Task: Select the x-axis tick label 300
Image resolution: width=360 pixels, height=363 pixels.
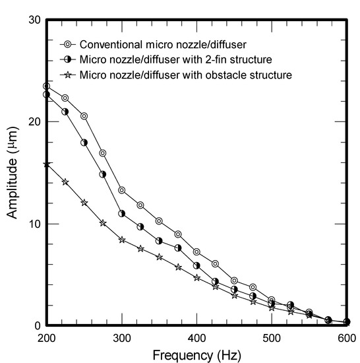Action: [121, 338]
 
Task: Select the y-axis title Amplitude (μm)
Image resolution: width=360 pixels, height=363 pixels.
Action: [12, 173]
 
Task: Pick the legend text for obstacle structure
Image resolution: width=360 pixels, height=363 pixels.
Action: [185, 75]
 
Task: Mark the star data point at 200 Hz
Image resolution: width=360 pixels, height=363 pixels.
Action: [46, 164]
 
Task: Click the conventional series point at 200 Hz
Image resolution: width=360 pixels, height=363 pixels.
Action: [46, 86]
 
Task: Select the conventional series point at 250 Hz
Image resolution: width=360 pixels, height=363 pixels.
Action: [84, 116]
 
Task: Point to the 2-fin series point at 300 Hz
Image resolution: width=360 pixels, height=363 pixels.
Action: [121, 213]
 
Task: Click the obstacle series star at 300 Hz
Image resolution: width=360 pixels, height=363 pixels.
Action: [121, 240]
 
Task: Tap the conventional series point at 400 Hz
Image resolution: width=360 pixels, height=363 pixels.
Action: [196, 251]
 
